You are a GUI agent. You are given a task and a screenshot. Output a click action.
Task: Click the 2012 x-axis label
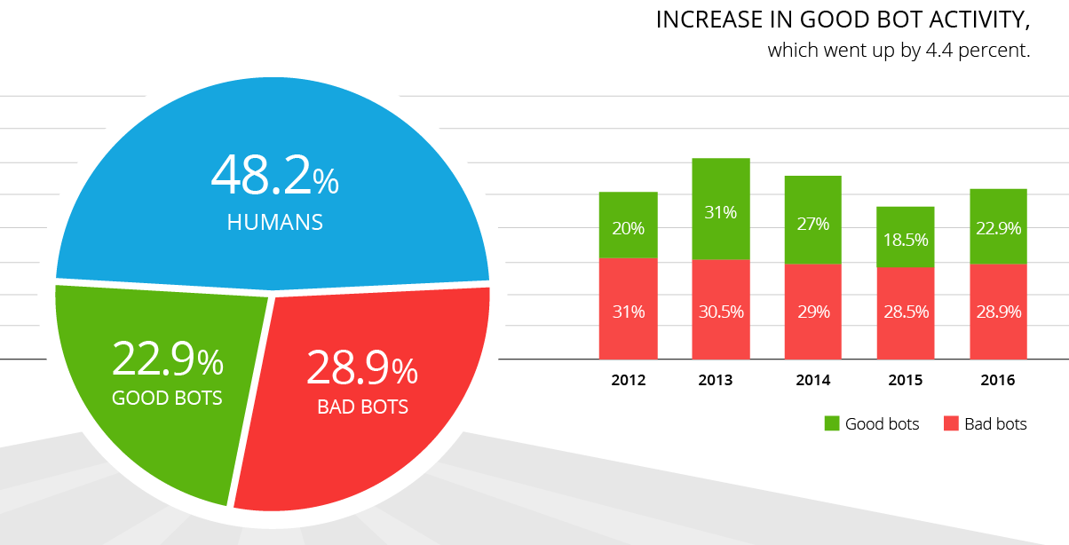629,381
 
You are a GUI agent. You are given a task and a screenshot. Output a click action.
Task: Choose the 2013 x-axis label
716,381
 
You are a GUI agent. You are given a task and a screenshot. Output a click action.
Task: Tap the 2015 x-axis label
906,381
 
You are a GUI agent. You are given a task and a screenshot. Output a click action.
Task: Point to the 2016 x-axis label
998,381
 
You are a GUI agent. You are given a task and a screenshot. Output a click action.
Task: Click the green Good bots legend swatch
832,424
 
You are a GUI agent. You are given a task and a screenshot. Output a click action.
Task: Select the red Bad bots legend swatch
950,424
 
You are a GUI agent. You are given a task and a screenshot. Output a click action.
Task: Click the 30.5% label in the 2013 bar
721,312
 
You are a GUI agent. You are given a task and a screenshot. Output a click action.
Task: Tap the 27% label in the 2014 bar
813,224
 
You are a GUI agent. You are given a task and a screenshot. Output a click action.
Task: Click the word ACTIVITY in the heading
968,20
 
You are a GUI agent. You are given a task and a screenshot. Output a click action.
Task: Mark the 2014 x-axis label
813,381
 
